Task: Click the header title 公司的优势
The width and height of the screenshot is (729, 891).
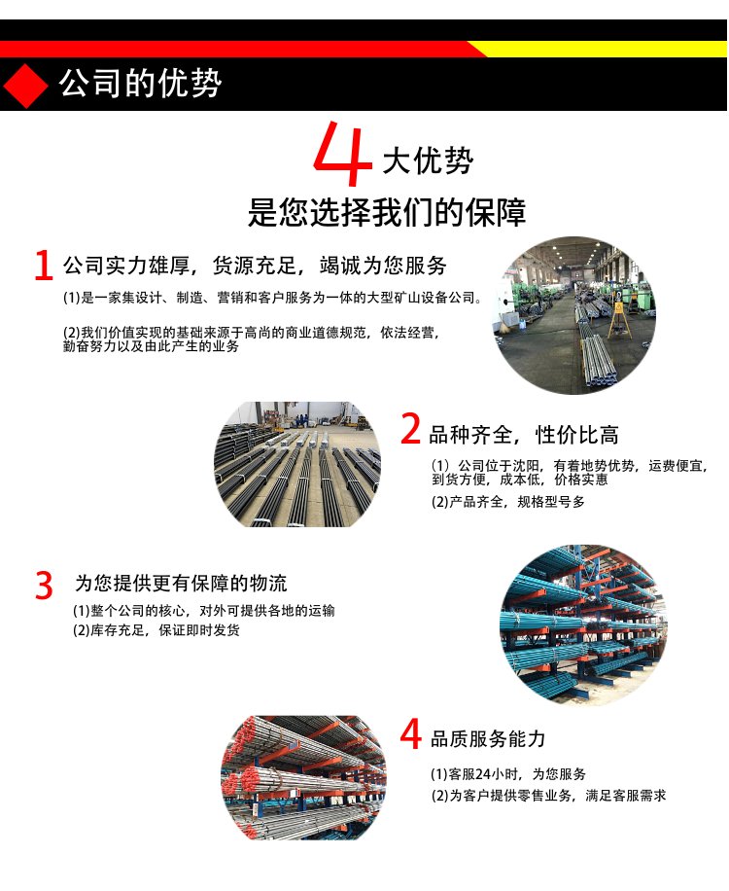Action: [x=140, y=84]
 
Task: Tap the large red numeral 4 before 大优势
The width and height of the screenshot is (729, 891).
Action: [x=342, y=154]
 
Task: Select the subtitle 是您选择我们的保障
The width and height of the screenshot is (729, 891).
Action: [x=387, y=212]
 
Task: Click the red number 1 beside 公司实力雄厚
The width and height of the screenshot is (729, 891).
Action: [x=43, y=265]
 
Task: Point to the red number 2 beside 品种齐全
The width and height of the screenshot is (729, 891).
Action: [x=410, y=429]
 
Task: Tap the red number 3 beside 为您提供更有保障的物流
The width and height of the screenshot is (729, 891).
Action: [x=44, y=586]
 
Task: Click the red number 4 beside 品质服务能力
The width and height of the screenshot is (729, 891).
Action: [x=410, y=733]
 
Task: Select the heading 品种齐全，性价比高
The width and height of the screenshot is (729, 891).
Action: [x=524, y=435]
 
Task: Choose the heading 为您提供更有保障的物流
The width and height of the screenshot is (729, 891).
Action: [x=181, y=583]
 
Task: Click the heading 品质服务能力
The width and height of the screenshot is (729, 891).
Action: [x=488, y=738]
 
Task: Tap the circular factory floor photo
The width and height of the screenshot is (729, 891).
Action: [x=573, y=315]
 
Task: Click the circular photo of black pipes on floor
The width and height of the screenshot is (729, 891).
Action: [x=296, y=464]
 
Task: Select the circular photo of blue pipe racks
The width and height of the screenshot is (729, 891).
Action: [x=583, y=625]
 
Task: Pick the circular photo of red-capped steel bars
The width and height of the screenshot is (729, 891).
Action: [x=303, y=778]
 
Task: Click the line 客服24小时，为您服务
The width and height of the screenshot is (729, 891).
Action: [x=508, y=774]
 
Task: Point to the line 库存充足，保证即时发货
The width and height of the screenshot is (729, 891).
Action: [x=156, y=630]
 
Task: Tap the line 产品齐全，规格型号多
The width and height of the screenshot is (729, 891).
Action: [x=508, y=502]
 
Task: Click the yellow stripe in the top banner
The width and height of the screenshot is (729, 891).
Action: [x=602, y=49]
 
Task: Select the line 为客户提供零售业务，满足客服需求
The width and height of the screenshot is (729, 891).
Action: [x=548, y=796]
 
